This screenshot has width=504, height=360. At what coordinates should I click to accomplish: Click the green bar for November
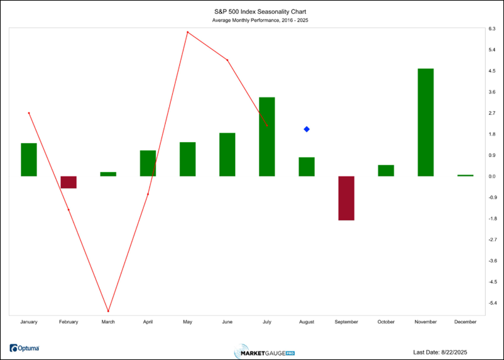tap(425, 122)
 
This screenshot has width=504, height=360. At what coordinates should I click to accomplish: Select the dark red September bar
tap(346, 198)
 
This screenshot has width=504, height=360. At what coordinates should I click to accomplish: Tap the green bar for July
tap(267, 136)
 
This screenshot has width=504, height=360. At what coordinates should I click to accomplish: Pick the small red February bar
tap(68, 182)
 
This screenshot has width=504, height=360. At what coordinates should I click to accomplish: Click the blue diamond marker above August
tap(307, 129)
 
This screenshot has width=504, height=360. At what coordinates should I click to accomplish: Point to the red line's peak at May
tap(187, 32)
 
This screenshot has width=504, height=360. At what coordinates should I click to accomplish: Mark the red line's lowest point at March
tap(108, 311)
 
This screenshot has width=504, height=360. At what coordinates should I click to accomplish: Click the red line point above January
tap(29, 113)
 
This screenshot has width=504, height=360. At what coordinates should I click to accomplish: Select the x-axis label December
tap(466, 322)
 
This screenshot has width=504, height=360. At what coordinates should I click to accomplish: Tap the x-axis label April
tap(148, 322)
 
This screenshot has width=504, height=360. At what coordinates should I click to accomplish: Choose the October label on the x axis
tap(386, 322)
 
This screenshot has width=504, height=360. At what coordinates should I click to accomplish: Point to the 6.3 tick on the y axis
tap(491, 29)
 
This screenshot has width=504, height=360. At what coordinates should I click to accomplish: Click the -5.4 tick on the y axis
tap(491, 303)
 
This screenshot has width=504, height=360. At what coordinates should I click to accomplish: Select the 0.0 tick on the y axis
tap(491, 176)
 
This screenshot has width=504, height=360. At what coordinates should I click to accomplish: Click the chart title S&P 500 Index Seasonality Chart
tap(251, 11)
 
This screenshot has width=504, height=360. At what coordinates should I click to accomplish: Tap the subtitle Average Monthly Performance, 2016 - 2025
tap(251, 20)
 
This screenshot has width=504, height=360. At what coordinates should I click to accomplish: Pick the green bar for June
tap(227, 155)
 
